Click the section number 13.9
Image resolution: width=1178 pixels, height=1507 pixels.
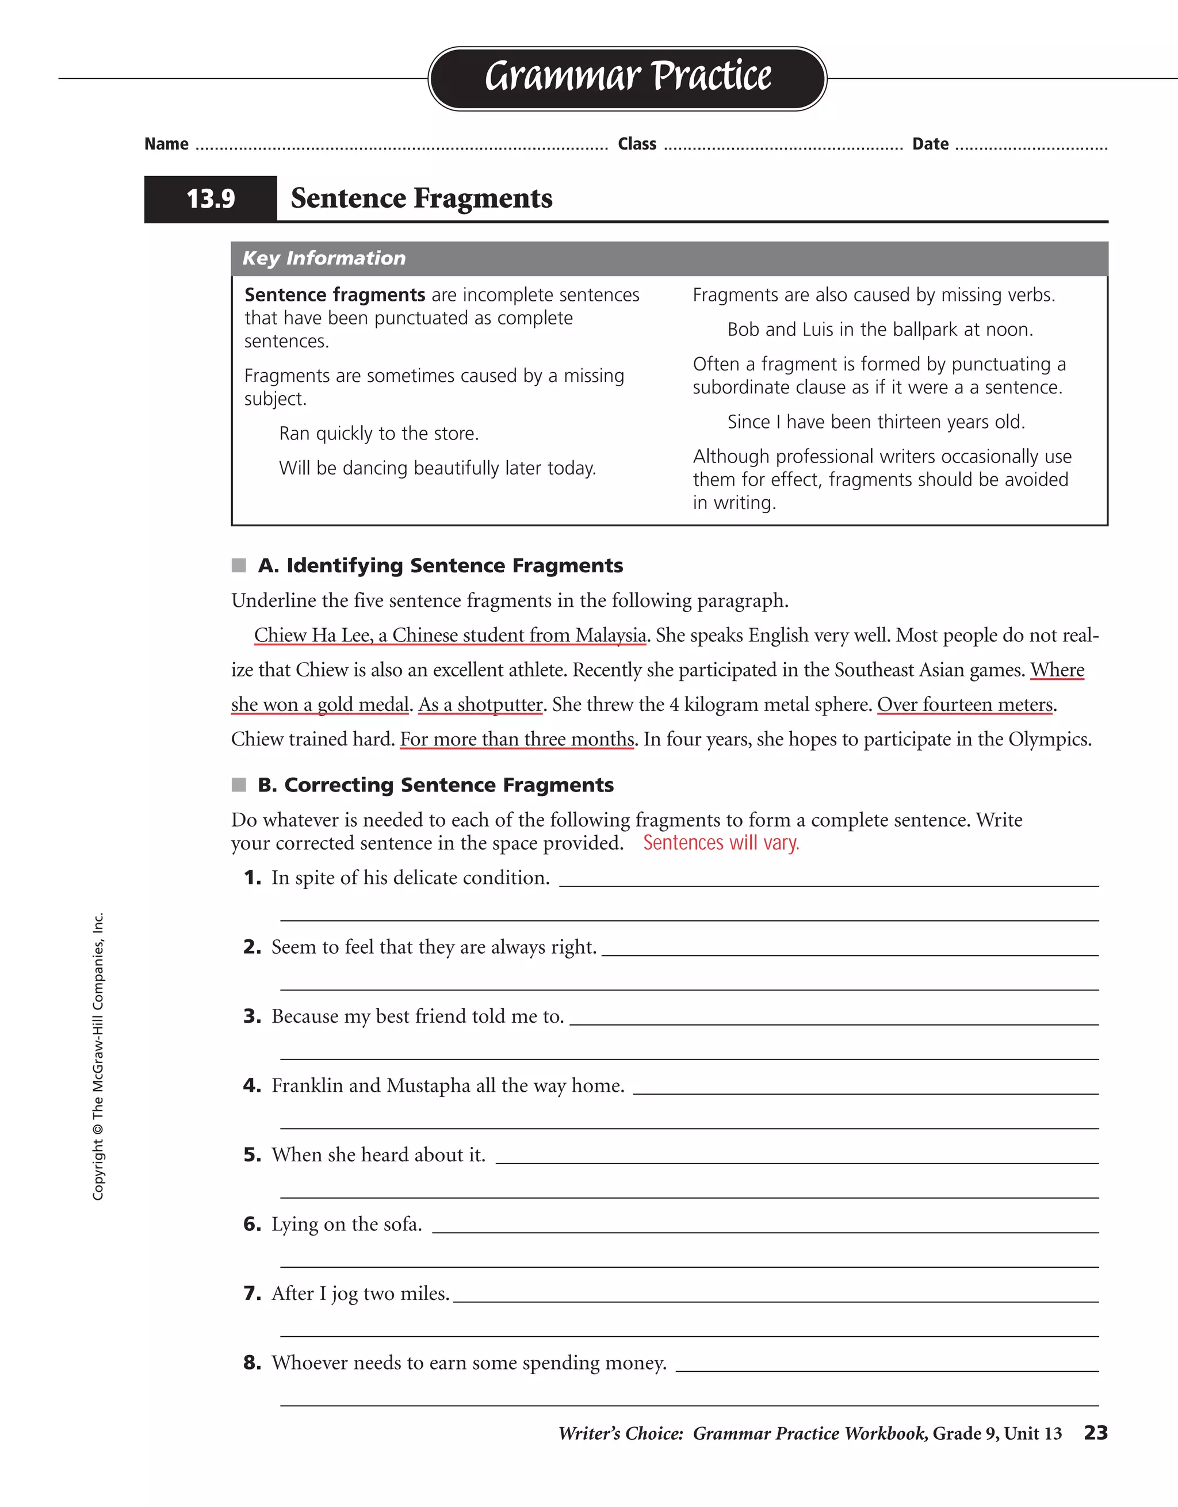point(211,200)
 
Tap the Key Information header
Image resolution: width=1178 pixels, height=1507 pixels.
point(324,258)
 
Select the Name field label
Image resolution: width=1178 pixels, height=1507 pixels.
point(166,144)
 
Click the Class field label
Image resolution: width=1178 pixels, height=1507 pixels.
point(637,144)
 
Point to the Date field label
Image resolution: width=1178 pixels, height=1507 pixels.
point(930,144)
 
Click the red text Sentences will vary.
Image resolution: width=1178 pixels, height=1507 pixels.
point(721,843)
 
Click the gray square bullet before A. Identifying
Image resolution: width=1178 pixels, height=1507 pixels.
point(239,566)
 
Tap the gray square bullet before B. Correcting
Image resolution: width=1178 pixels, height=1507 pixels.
point(239,785)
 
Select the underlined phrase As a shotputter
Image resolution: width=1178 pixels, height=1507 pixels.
point(480,705)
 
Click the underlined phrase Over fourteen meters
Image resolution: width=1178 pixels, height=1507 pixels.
point(965,705)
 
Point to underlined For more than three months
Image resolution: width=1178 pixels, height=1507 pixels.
point(517,739)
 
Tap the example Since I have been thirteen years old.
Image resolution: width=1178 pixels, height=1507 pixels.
point(876,422)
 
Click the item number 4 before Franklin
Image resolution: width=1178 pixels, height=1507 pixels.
point(252,1086)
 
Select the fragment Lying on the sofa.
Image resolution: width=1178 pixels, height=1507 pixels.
point(346,1225)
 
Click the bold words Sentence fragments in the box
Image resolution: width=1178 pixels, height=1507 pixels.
point(335,294)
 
